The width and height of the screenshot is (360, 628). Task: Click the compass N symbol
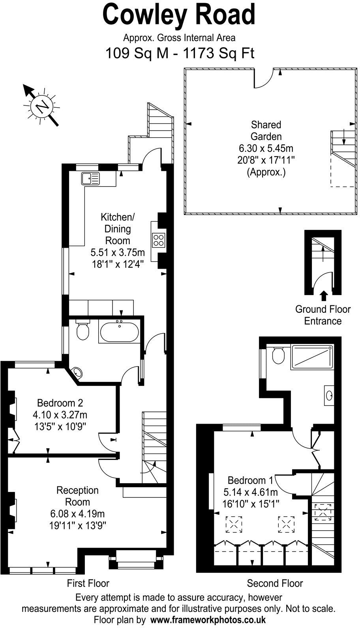[41, 106]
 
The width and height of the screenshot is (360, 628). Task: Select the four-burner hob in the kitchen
[159, 240]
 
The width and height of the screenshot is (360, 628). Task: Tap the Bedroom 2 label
[60, 403]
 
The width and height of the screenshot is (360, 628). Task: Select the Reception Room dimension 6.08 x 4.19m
[77, 514]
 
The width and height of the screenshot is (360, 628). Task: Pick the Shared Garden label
[266, 131]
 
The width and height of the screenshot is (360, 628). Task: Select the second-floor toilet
[278, 355]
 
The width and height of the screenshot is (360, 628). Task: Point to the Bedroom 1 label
[251, 480]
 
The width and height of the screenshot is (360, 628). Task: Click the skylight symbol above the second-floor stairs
[323, 512]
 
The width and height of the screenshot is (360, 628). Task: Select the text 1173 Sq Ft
[219, 53]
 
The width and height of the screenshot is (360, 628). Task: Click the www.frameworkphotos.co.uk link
[208, 619]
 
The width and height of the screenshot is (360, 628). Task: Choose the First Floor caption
[88, 583]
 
